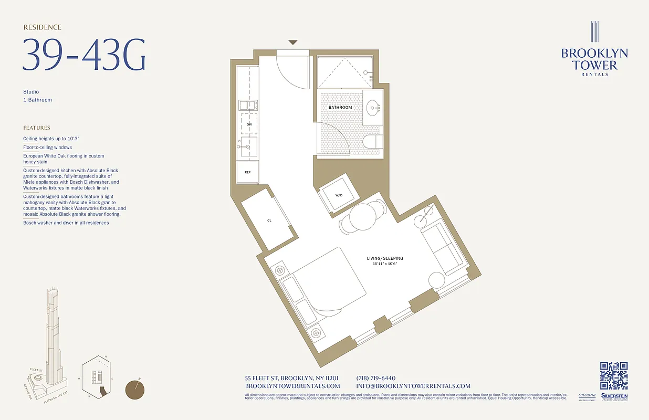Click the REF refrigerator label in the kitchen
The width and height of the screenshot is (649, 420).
pos(247,172)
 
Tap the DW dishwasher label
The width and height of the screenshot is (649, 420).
pos(249,124)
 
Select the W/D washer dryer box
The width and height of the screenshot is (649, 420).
pos(339,195)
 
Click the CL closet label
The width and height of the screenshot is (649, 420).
pos(269,220)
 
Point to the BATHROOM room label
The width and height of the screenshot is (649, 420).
pos(340,108)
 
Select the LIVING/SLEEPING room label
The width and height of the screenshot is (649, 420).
pos(385,258)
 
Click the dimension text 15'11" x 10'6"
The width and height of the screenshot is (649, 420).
pos(385,264)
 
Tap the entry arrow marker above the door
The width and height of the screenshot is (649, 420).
pos(293,43)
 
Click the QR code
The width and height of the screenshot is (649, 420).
pos(614,376)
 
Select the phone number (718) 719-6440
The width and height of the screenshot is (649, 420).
pos(375,379)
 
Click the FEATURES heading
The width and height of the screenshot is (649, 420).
pos(37,128)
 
